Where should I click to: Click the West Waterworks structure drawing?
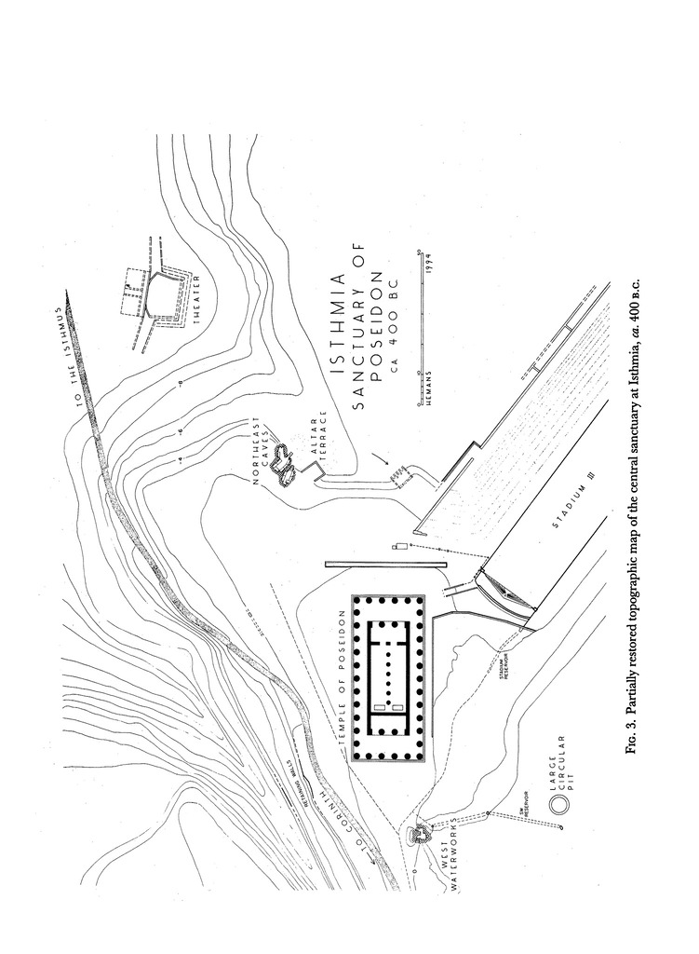coord(421,831)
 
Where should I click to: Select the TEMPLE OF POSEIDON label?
coord(342,675)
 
